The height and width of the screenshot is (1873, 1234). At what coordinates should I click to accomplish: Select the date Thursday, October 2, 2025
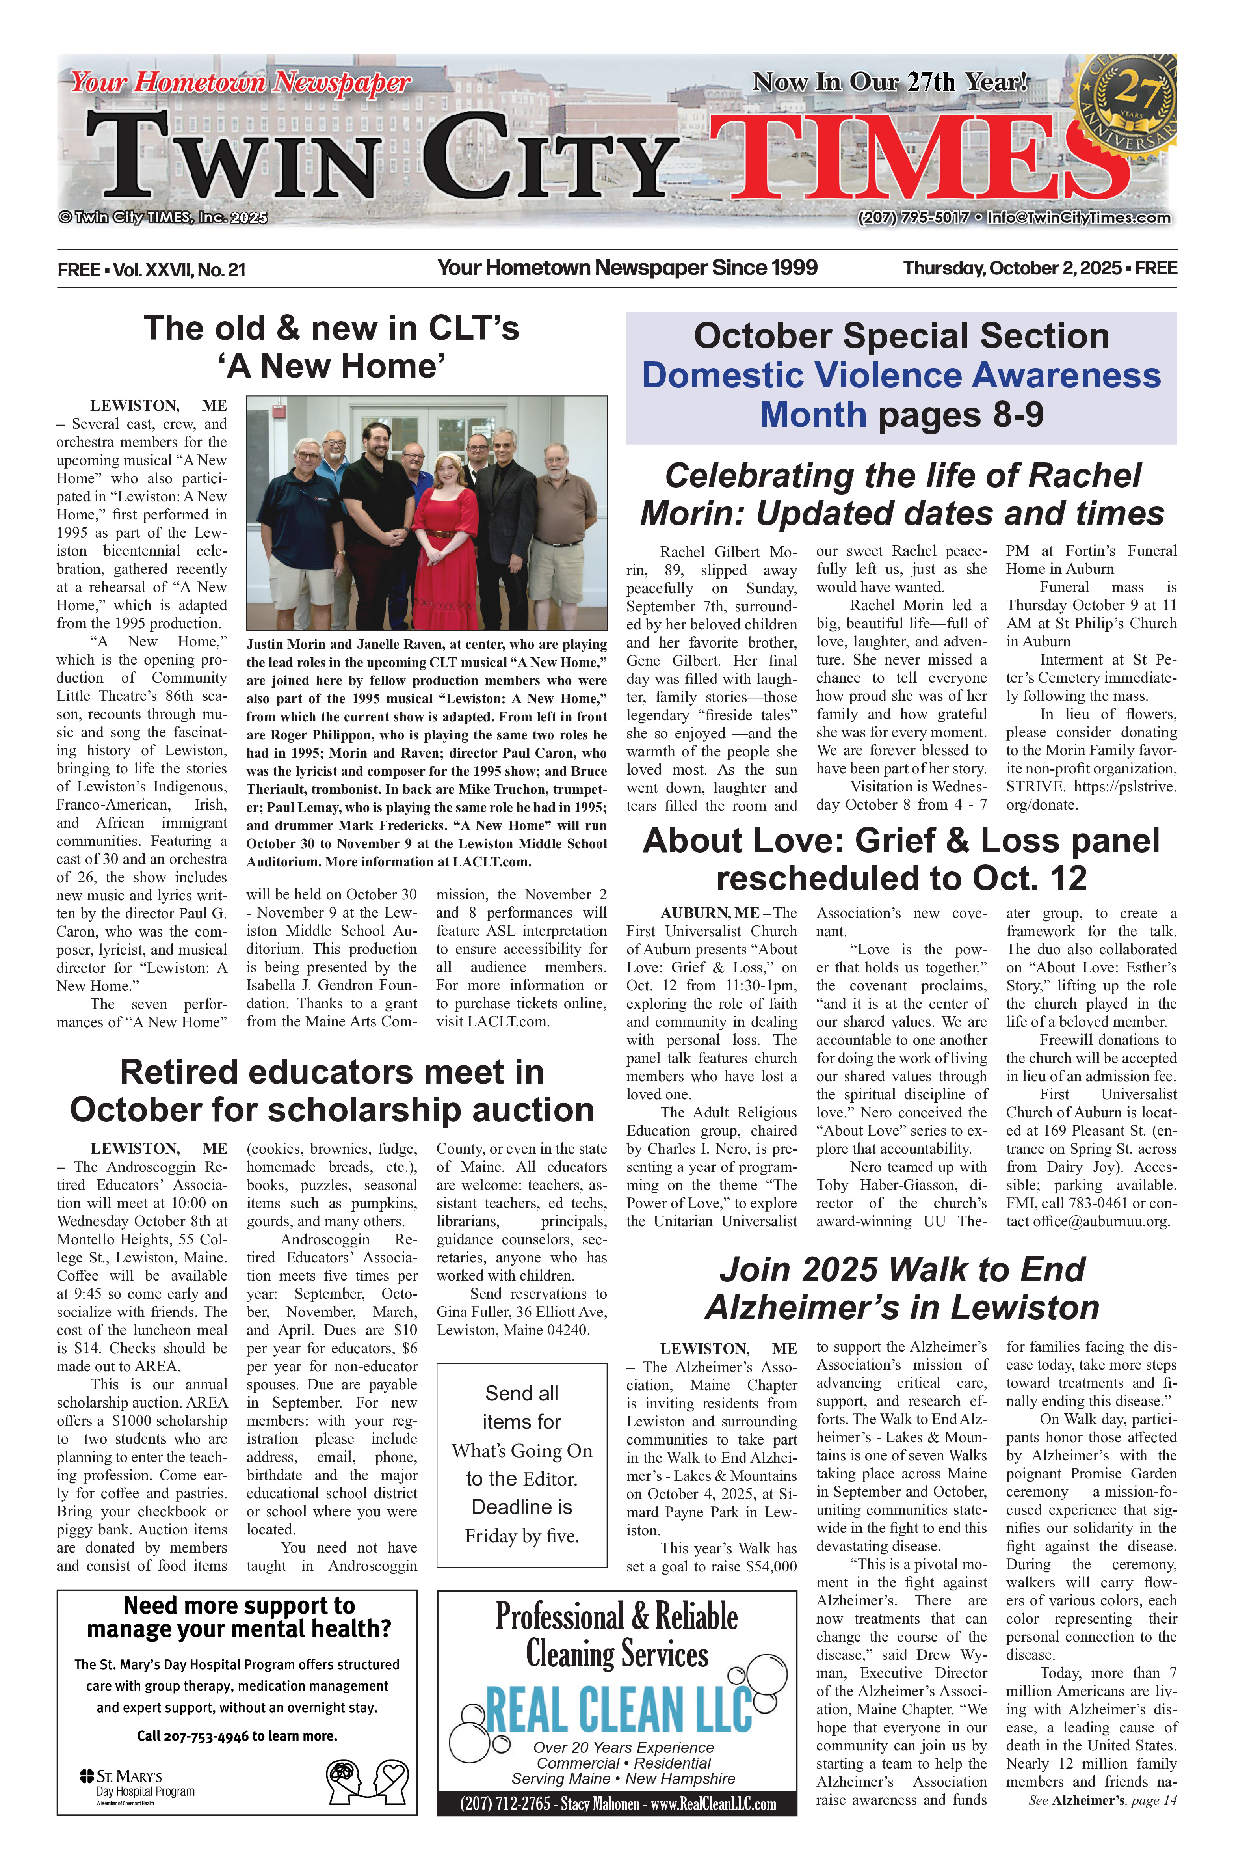click(1012, 268)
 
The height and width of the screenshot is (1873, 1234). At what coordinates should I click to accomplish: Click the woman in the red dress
click(445, 535)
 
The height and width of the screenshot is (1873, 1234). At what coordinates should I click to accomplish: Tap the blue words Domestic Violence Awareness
click(901, 376)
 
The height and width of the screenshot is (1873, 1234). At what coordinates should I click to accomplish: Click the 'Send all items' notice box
click(522, 1464)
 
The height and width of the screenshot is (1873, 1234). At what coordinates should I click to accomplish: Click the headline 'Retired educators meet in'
click(331, 1072)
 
